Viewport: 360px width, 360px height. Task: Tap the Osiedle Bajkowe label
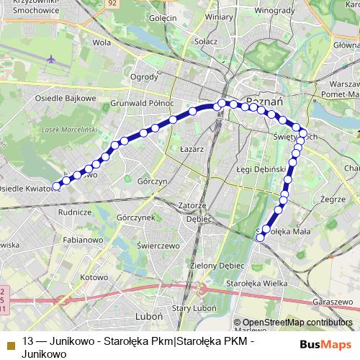tap(66, 98)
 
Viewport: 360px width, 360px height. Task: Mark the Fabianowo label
tap(83, 240)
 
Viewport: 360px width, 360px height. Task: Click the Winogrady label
tap(275, 11)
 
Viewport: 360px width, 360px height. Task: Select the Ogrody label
tap(143, 77)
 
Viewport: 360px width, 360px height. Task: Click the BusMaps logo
tap(321, 345)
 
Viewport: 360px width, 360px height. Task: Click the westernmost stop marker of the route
tap(57, 187)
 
